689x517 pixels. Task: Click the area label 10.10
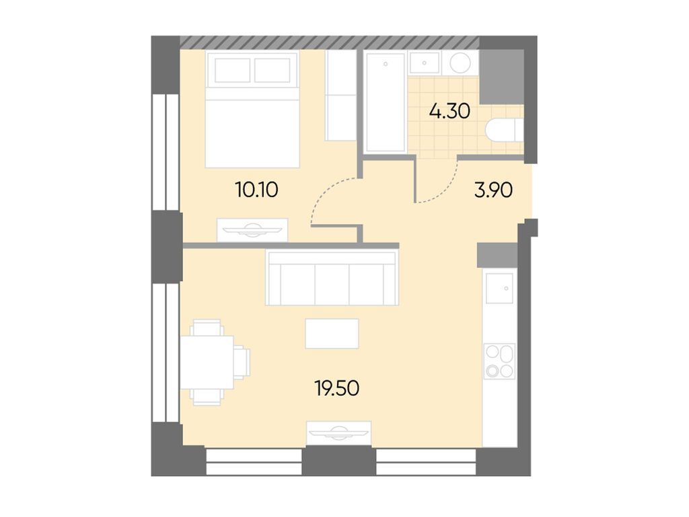coord(256,190)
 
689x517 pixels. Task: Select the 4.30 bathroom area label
coord(449,110)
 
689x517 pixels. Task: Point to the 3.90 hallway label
coord(494,191)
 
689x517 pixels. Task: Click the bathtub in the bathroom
coord(386,102)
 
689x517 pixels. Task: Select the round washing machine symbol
coord(461,64)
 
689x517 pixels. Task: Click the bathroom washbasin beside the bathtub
coord(424,64)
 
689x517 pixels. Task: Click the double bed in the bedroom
coord(252,109)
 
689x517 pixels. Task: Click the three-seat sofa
coord(332,277)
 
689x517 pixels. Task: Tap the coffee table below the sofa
coord(332,333)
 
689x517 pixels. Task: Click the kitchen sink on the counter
coord(499,288)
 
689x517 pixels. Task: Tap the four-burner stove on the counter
coord(499,361)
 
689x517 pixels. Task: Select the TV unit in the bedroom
coord(252,229)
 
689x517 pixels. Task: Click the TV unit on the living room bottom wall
coord(338,432)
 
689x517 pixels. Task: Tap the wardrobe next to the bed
coord(340,96)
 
